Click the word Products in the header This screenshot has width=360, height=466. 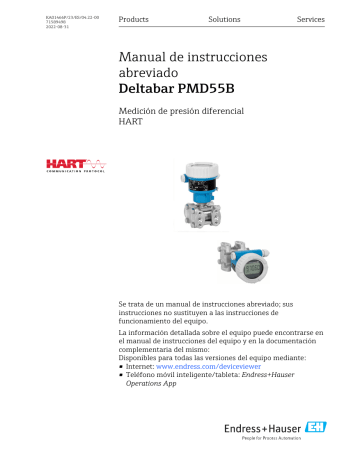tap(134, 20)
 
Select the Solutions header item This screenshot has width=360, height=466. tap(224, 20)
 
